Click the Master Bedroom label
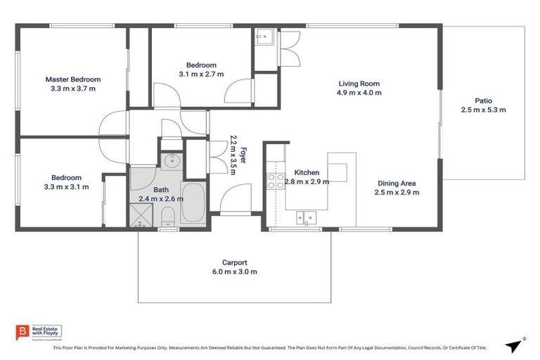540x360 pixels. [73, 79]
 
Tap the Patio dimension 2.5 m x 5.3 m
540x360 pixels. [483, 110]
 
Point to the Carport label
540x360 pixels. [234, 262]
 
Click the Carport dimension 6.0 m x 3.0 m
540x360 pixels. [234, 272]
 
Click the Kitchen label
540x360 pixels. [307, 172]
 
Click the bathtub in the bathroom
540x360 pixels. [192, 203]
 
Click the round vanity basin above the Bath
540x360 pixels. [172, 162]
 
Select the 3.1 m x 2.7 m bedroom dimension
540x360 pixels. [201, 74]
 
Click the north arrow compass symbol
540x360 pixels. [515, 345]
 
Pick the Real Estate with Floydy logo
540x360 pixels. [39, 333]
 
